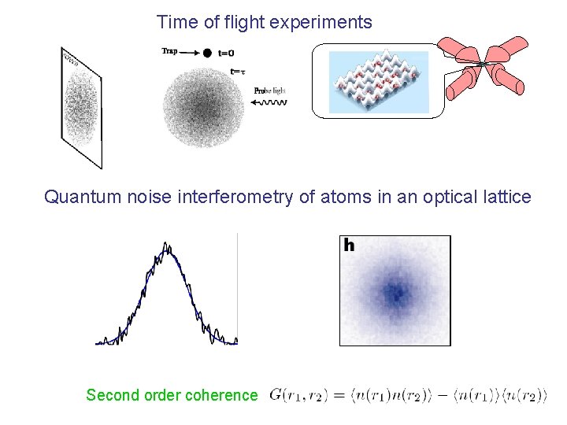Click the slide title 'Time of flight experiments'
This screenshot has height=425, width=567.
click(265, 22)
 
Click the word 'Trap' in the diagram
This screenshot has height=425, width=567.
click(169, 51)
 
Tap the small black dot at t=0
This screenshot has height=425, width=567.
click(207, 53)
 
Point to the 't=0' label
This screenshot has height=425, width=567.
click(226, 54)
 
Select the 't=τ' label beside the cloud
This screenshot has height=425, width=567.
click(237, 72)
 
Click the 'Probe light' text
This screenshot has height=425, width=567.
click(269, 91)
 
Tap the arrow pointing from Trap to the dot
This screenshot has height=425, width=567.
click(190, 53)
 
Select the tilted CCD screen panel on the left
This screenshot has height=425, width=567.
click(81, 107)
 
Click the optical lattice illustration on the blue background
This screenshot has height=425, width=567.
click(378, 81)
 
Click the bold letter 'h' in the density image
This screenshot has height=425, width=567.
click(349, 246)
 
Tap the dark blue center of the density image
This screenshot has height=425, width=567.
click(395, 294)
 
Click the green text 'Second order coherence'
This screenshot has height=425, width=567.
click(172, 395)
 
